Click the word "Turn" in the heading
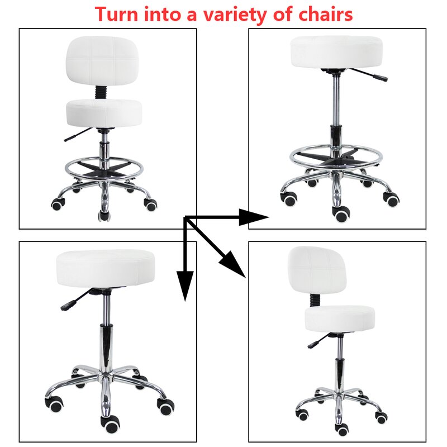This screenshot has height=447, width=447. [116, 14]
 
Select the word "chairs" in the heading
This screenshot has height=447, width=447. [325, 14]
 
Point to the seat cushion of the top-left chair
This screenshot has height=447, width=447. [104, 113]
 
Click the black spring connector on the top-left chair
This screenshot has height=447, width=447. [100, 92]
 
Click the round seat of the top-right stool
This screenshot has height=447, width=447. [336, 52]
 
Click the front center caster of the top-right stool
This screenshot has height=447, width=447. [341, 214]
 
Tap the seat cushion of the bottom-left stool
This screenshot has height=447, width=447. [106, 268]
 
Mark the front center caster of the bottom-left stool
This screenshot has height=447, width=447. [111, 424]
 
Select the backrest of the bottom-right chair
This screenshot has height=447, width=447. [317, 270]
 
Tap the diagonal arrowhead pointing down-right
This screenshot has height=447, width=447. [234, 264]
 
